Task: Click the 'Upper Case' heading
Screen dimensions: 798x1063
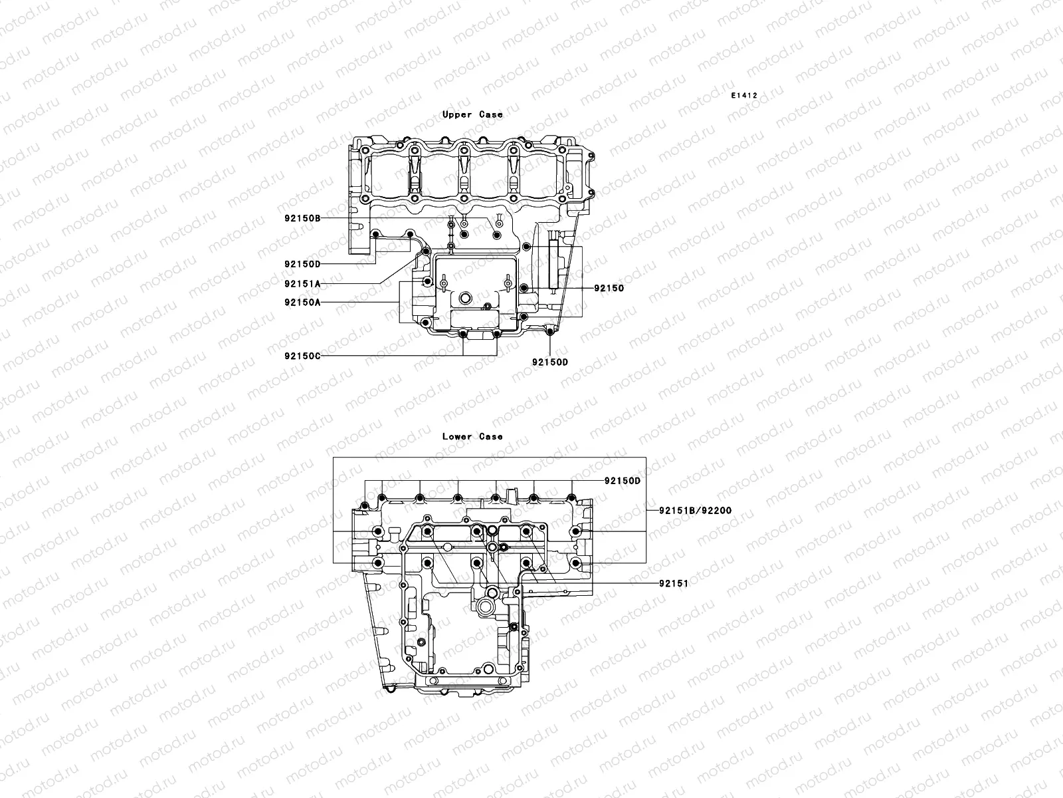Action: pos(472,114)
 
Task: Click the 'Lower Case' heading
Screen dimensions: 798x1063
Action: pos(472,436)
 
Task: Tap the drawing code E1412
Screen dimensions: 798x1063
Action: pos(744,96)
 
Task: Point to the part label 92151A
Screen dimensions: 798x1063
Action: pos(302,283)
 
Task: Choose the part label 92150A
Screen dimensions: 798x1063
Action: pos(302,302)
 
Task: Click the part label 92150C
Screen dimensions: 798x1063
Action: pos(302,355)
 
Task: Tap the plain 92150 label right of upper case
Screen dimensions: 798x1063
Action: pos(609,288)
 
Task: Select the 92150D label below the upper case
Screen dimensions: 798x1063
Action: pos(549,362)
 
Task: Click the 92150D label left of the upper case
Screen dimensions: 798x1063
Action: pos(302,264)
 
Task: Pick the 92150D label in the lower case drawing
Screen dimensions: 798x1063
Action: pos(622,480)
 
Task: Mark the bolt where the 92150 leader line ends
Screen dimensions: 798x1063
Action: pos(524,288)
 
